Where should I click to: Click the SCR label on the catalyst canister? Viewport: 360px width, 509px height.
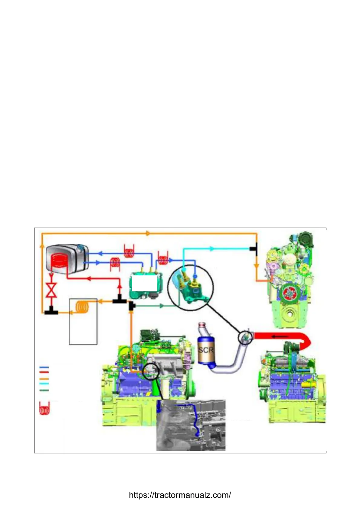[x=206, y=350]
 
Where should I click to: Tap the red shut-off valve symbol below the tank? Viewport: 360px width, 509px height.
[x=51, y=290]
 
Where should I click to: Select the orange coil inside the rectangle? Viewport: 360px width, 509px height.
[x=82, y=307]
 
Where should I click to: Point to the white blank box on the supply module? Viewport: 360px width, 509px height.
[x=144, y=283]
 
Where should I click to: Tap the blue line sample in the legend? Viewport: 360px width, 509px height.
[x=44, y=368]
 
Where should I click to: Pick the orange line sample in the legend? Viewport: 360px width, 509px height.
[x=44, y=379]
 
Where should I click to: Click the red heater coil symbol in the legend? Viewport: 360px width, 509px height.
[x=44, y=409]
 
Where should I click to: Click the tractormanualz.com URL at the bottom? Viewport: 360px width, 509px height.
[x=180, y=495]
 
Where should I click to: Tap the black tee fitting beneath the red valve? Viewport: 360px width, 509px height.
[x=51, y=311]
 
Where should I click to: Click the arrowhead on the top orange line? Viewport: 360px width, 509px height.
[x=148, y=233]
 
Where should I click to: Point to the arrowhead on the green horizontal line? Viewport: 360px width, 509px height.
[x=162, y=306]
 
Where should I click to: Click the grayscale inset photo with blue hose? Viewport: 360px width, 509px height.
[x=191, y=425]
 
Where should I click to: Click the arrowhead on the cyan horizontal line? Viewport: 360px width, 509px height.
[x=212, y=249]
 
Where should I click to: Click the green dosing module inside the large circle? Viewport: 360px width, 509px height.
[x=194, y=290]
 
